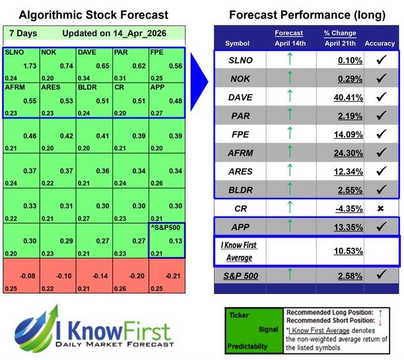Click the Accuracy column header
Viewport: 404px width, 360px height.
[379, 44]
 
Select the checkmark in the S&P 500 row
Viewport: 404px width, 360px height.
[380, 292]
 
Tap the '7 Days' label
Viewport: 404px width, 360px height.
[22, 33]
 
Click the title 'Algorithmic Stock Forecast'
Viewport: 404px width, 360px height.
[93, 15]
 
